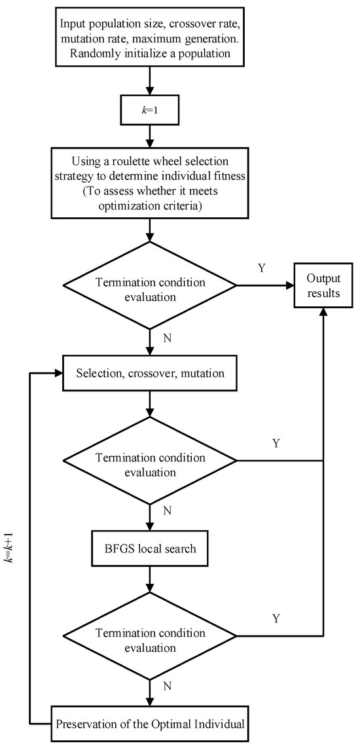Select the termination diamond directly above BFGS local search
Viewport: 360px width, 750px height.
click(151, 461)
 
